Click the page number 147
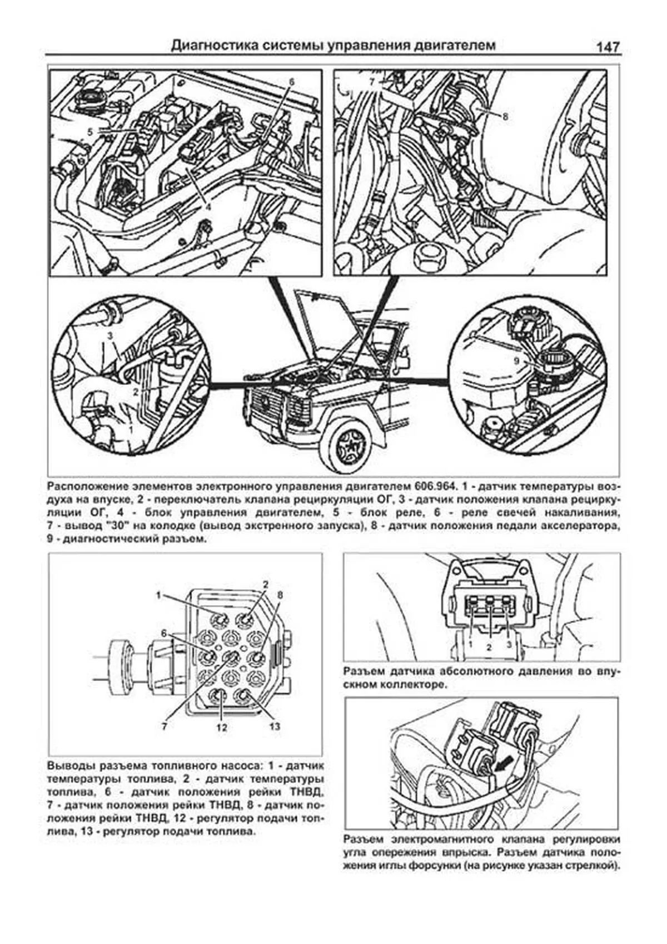(608, 47)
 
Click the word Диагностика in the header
(207, 45)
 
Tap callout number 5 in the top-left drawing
(91, 131)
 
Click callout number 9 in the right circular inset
(516, 361)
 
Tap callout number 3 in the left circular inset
(111, 335)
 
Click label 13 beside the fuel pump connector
(275, 726)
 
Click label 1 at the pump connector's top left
(158, 595)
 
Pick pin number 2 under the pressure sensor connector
(489, 647)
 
